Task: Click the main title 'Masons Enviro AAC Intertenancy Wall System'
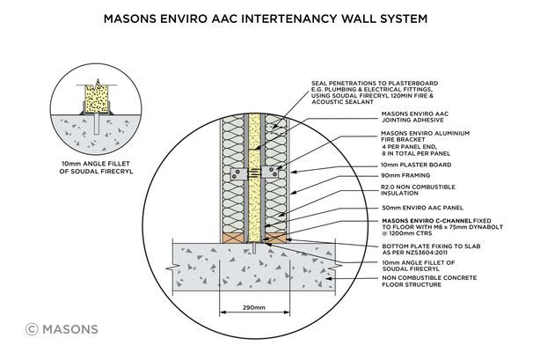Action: (269, 16)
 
